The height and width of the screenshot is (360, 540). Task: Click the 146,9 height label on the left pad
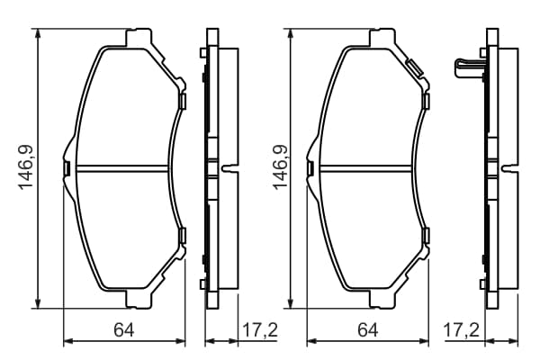click(27, 167)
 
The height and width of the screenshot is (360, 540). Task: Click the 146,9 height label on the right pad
click(280, 167)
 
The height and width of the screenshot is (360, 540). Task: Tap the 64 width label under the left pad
click(124, 330)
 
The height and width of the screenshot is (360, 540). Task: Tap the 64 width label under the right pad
click(368, 330)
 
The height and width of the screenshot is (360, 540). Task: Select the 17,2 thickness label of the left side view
click(260, 330)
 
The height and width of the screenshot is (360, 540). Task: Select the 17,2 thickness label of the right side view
click(462, 330)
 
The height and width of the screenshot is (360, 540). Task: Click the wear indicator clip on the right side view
click(468, 68)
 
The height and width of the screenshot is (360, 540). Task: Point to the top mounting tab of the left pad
click(139, 37)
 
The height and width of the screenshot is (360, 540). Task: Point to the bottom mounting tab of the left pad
click(139, 299)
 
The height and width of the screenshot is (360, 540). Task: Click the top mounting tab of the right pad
click(382, 37)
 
